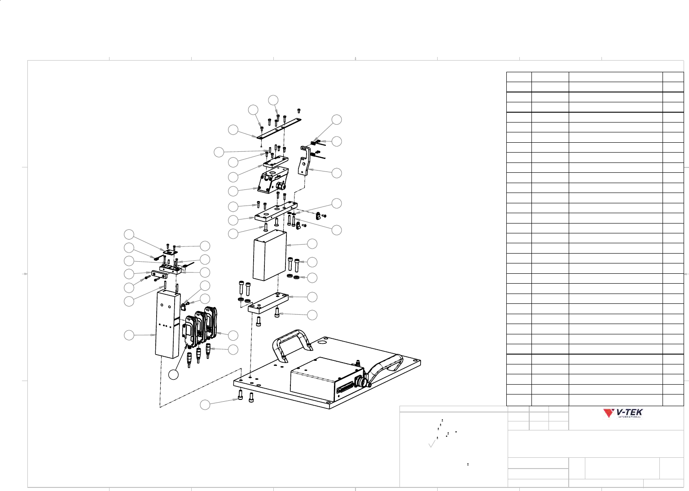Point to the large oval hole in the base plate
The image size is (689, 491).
(x=322, y=342)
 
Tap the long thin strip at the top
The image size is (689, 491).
(x=279, y=128)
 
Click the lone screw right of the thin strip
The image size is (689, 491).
(x=298, y=111)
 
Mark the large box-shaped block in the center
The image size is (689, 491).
(x=270, y=255)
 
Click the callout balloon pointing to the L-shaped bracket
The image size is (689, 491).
(x=337, y=173)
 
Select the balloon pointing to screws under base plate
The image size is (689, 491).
(x=205, y=404)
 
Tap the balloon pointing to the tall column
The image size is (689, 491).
(x=129, y=335)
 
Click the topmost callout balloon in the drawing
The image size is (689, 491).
(x=273, y=100)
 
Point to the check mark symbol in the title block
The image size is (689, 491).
(x=432, y=443)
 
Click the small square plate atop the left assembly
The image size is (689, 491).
(x=169, y=252)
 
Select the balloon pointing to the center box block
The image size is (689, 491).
(x=312, y=244)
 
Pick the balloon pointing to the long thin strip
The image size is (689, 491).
(x=233, y=130)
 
